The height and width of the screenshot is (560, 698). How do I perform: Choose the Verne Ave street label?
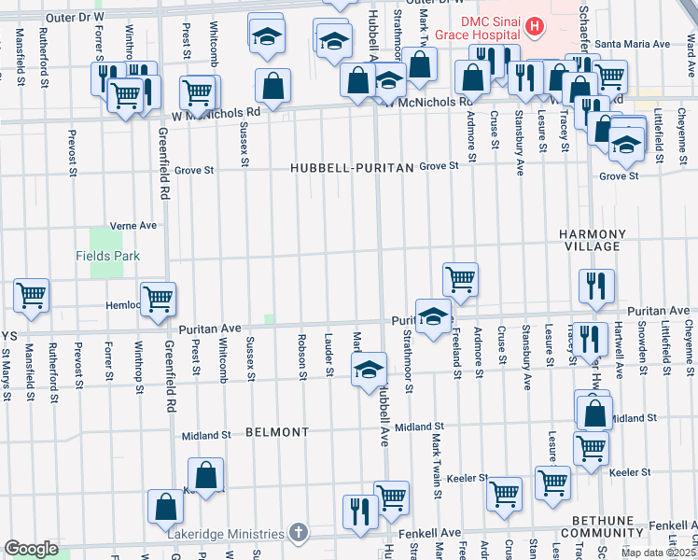[x=133, y=226]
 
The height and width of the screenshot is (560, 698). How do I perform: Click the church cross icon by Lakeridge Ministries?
[x=298, y=533]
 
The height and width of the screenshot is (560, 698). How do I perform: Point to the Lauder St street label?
[x=328, y=357]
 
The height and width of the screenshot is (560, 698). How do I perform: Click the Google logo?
[x=31, y=549]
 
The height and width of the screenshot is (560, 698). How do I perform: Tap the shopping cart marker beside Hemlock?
[x=158, y=299]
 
